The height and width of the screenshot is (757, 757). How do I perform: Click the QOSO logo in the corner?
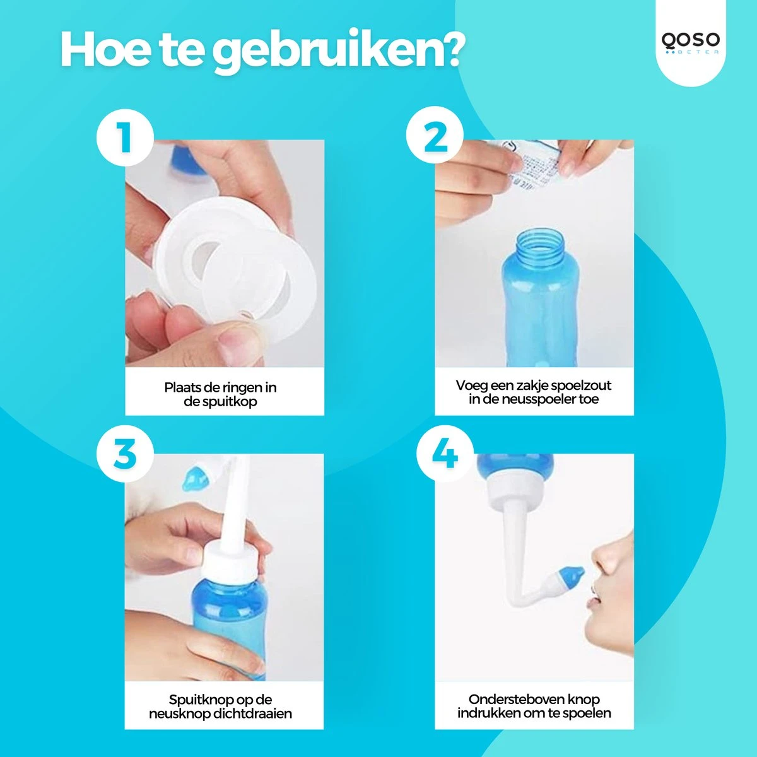(690, 43)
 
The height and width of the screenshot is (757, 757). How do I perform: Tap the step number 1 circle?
(124, 137)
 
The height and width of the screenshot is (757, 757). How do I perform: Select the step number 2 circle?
(435, 137)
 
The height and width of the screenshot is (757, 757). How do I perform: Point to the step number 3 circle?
(124, 452)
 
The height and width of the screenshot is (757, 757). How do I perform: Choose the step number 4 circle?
(445, 452)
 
